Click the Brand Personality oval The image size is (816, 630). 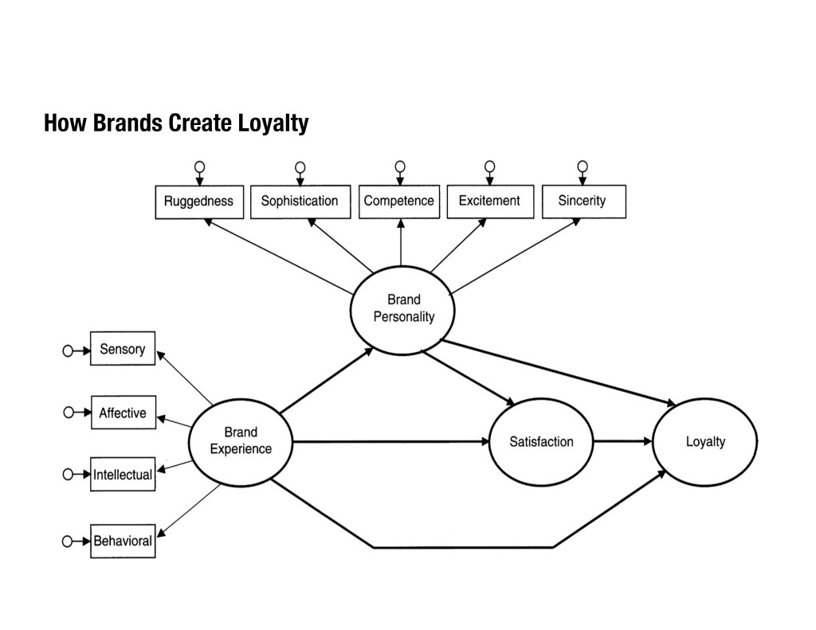tap(403, 309)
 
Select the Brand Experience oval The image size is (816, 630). tap(240, 440)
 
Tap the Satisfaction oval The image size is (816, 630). tap(541, 441)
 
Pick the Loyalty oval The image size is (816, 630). tap(705, 441)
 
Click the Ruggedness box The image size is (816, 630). tap(198, 202)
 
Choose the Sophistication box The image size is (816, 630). tap(300, 202)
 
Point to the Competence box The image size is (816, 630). tap(398, 202)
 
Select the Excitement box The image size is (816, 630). tap(489, 202)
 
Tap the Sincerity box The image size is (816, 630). tap(583, 202)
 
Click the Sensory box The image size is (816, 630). tap(123, 349)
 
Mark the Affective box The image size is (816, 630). tap(123, 413)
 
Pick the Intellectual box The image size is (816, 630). tap(123, 475)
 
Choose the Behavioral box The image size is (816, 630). tap(123, 541)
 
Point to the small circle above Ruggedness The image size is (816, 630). tap(199, 166)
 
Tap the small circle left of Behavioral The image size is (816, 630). tap(68, 542)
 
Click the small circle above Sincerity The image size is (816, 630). tap(583, 166)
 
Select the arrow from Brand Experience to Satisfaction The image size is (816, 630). tap(390, 441)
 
